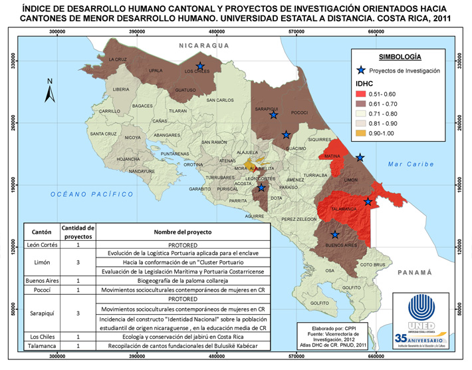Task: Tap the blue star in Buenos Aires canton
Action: pos(336,235)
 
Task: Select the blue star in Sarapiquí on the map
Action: pos(273,116)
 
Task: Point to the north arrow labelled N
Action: pos(49,92)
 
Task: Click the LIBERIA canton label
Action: pos(121,89)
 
